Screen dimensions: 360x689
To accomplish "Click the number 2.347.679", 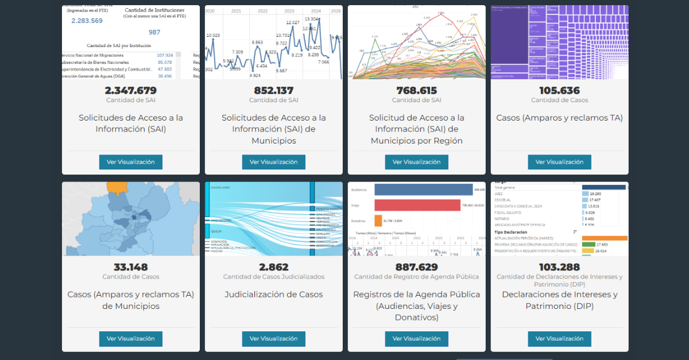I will [x=130, y=91].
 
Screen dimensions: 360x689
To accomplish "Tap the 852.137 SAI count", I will [x=273, y=91].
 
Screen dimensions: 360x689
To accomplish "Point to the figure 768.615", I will [x=416, y=91].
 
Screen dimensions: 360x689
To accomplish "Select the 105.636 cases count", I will [x=559, y=91].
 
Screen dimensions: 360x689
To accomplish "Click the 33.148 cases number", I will [x=130, y=268].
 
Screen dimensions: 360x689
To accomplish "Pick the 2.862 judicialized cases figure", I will [x=273, y=268].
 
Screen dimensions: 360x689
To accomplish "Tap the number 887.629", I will [x=416, y=268].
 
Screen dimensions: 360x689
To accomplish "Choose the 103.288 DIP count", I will [x=559, y=268].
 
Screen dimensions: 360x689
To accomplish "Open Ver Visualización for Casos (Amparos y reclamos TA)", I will [x=559, y=162].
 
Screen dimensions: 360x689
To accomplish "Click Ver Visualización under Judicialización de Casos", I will [x=273, y=339].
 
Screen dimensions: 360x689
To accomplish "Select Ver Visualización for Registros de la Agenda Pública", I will [x=416, y=339].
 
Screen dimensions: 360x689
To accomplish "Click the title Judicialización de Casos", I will [x=273, y=295].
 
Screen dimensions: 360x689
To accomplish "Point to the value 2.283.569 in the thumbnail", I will [x=87, y=21].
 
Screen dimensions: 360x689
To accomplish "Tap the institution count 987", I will [x=154, y=32].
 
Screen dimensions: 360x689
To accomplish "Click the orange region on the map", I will [x=117, y=187].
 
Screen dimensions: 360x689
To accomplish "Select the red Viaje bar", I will [x=417, y=205].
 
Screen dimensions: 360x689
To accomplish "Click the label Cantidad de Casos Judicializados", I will [x=273, y=277].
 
